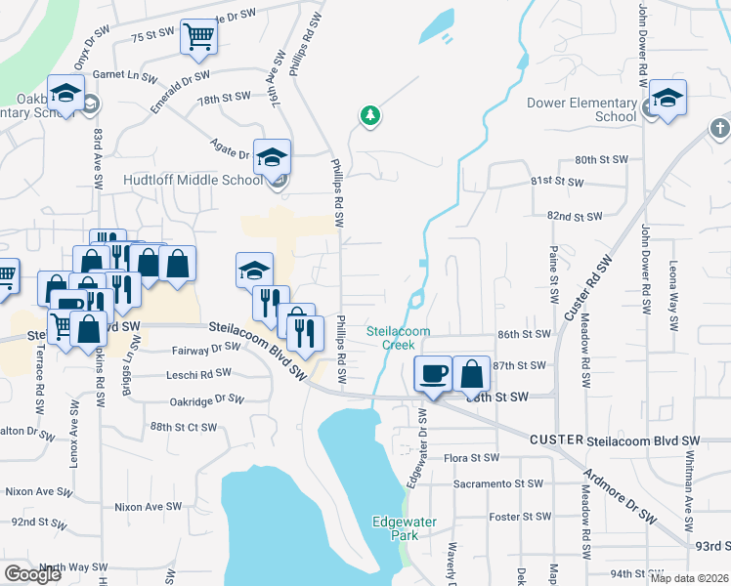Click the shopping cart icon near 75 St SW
tap(198, 36)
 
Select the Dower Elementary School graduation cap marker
tap(668, 98)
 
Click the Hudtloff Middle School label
tap(193, 181)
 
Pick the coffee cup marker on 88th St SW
tap(433, 373)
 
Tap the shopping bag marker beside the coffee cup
tap(471, 373)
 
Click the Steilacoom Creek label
tap(399, 338)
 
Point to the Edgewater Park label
tap(396, 528)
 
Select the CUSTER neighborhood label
tap(556, 441)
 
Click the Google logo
tap(32, 574)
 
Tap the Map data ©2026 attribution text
tap(689, 578)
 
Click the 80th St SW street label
tap(599, 159)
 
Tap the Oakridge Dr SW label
tap(205, 399)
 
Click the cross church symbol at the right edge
tap(719, 128)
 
